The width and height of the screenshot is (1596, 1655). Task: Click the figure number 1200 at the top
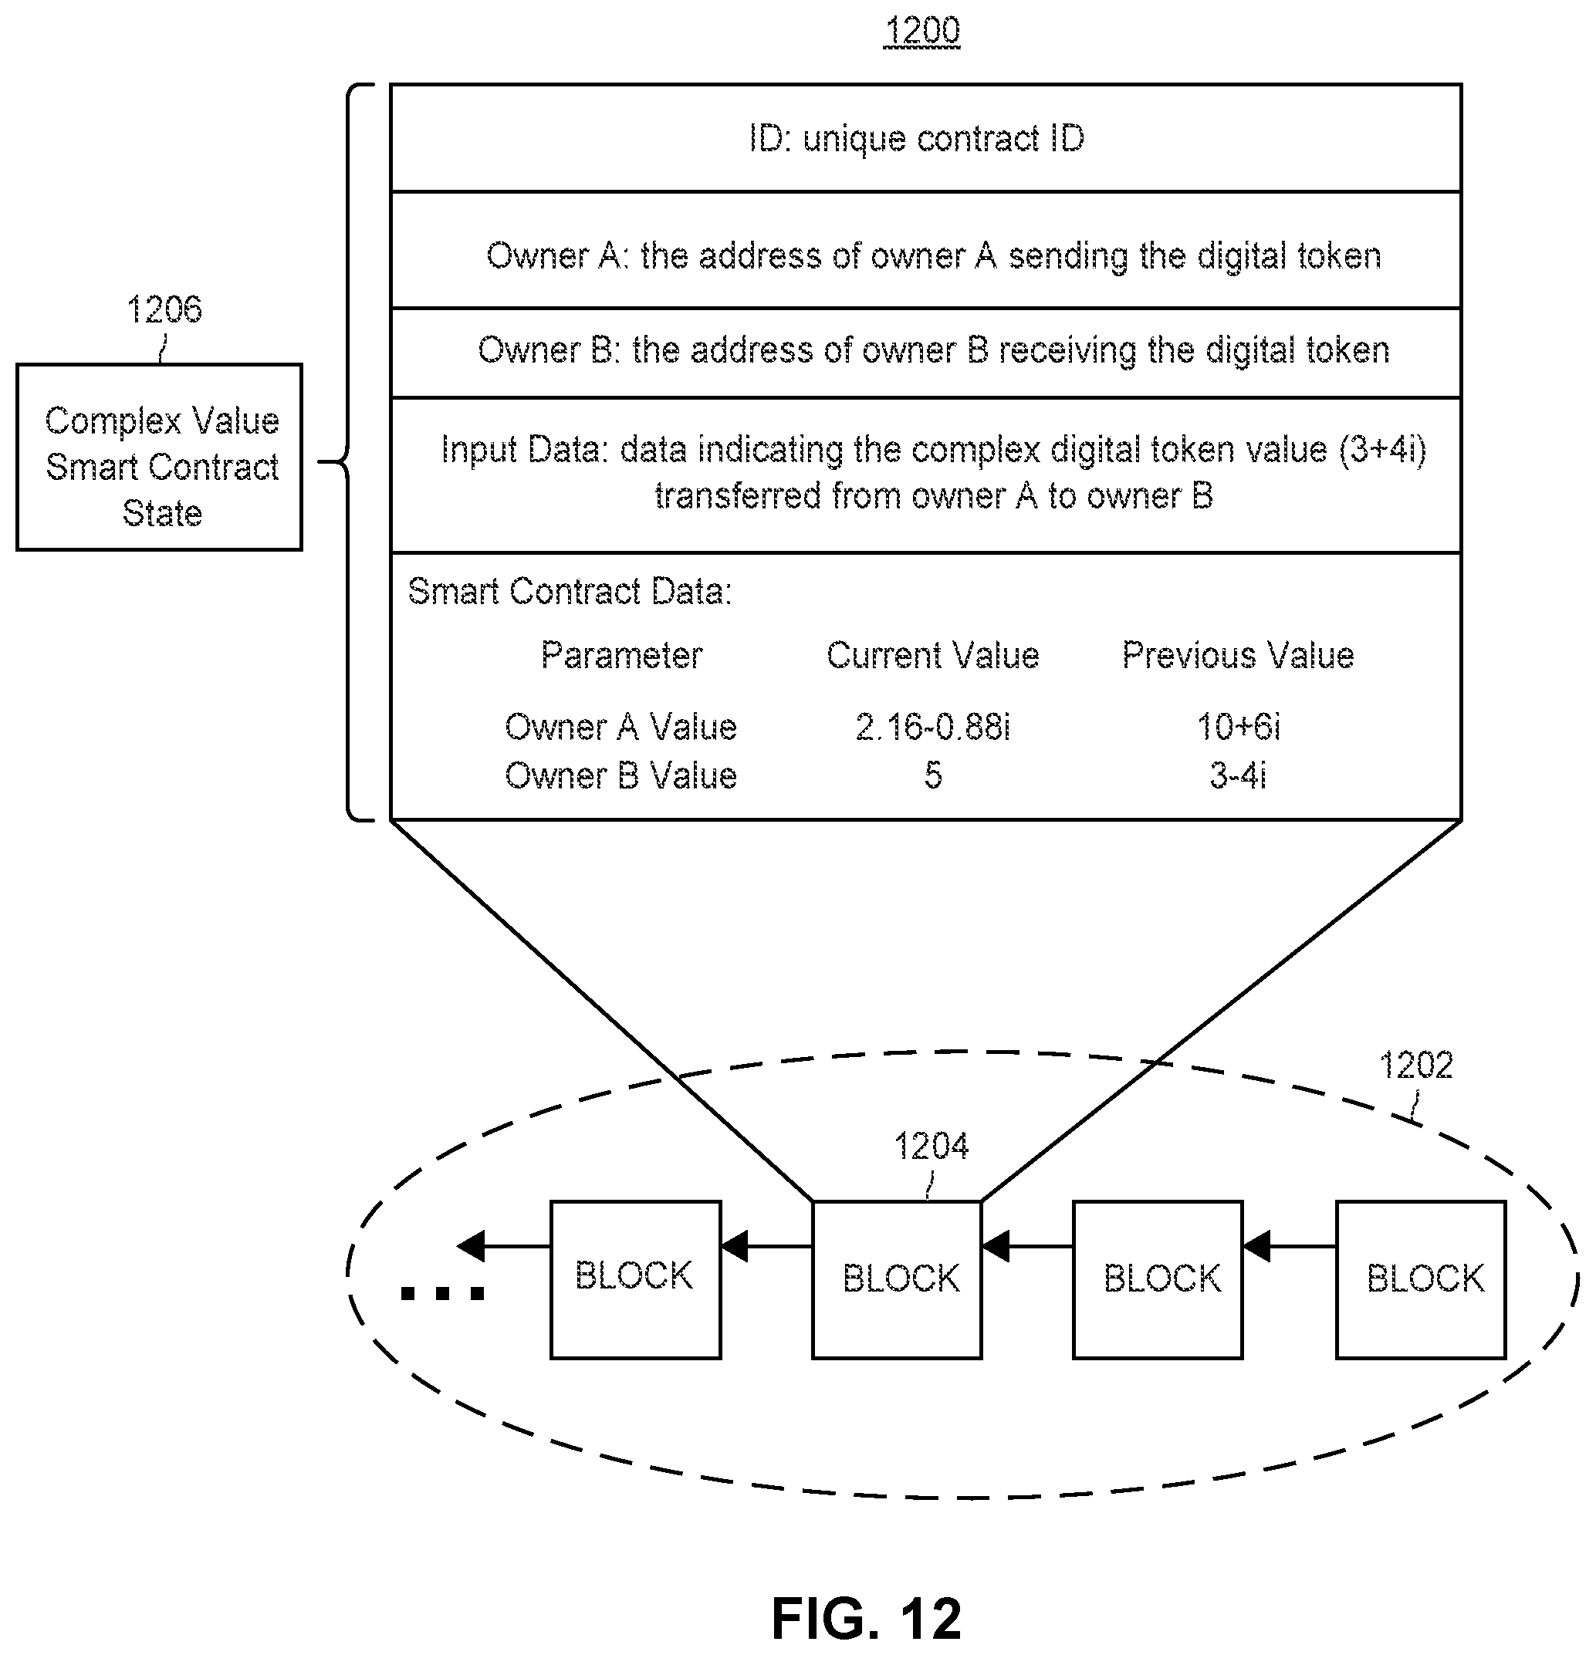click(921, 31)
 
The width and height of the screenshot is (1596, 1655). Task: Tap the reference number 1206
click(164, 310)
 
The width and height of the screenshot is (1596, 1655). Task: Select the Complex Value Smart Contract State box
click(160, 458)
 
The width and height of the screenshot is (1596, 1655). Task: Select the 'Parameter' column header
click(621, 656)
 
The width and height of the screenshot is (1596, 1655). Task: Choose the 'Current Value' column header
click(932, 656)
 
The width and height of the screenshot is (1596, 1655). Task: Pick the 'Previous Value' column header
click(1237, 656)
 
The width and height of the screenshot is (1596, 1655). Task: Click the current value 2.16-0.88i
click(932, 727)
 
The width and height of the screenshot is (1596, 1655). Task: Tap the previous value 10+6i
click(1238, 727)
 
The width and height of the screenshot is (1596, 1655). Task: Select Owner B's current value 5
click(932, 776)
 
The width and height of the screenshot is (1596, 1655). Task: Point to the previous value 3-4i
click(1238, 776)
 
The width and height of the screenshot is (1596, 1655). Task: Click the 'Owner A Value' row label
click(620, 727)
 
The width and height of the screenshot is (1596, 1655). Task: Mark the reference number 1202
click(1415, 1066)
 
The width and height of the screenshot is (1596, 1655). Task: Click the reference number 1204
click(931, 1147)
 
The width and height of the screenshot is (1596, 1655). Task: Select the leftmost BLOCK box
click(635, 1279)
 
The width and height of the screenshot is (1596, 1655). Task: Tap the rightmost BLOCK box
click(1420, 1279)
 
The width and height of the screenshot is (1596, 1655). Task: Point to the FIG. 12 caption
click(867, 1619)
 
